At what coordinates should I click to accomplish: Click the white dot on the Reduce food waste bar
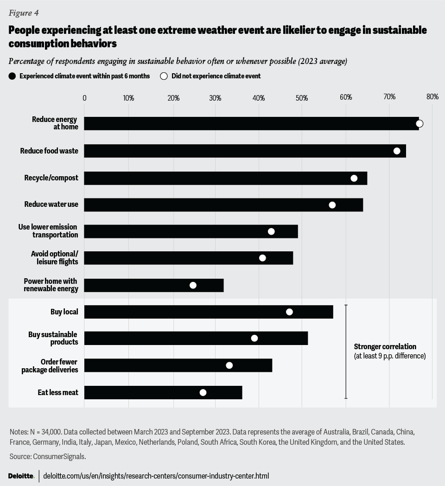click(397, 151)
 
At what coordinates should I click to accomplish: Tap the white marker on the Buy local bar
click(289, 312)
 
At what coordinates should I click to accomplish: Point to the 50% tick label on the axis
click(302, 97)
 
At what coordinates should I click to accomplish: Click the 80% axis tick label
click(432, 97)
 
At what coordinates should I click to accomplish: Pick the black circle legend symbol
click(12, 76)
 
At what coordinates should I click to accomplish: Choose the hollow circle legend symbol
click(164, 76)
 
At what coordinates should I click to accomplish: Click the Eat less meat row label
click(57, 392)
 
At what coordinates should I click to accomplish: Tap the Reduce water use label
click(51, 205)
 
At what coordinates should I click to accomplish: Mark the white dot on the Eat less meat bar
click(203, 392)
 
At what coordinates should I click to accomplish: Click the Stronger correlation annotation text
click(385, 347)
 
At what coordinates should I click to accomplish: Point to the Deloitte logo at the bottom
click(21, 476)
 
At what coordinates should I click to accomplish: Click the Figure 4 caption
click(24, 13)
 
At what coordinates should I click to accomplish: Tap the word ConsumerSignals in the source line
click(59, 457)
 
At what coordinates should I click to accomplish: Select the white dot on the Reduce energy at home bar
click(420, 123)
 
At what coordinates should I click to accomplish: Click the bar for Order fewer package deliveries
click(178, 365)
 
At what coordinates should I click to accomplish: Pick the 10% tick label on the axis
click(128, 97)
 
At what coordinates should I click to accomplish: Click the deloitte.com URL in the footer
click(156, 476)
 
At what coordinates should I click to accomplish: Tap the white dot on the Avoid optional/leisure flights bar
click(262, 258)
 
